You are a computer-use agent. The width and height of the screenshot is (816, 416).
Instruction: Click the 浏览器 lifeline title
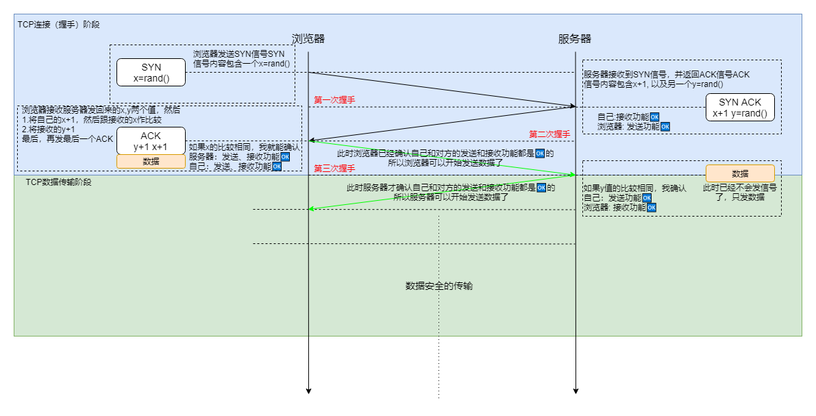(308, 39)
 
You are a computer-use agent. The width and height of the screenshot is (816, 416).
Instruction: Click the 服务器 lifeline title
(575, 39)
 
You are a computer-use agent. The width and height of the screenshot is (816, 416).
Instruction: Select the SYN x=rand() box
(151, 73)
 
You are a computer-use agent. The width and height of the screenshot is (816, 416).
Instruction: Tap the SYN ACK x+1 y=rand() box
(740, 108)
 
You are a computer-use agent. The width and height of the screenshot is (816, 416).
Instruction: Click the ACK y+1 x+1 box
(151, 141)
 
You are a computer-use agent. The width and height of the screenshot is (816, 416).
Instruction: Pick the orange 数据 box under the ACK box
(151, 162)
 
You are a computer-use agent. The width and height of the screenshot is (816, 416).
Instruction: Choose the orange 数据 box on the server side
(740, 173)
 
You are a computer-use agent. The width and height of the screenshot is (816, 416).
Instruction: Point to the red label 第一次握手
(334, 100)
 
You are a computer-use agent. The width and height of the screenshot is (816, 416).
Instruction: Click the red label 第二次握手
(549, 134)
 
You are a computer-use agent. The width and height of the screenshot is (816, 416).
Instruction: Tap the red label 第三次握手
(334, 168)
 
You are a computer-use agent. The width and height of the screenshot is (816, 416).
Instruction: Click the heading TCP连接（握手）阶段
(59, 24)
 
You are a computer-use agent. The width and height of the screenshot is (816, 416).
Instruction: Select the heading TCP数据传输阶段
(58, 182)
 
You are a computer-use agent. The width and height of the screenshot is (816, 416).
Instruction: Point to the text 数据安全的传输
(439, 286)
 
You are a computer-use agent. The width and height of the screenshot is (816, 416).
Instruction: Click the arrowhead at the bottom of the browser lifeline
(308, 391)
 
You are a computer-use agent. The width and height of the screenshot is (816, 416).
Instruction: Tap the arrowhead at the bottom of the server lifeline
(576, 391)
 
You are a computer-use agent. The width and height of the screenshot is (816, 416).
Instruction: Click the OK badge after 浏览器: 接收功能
(652, 207)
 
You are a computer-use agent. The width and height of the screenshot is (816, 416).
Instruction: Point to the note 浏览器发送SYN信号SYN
(239, 54)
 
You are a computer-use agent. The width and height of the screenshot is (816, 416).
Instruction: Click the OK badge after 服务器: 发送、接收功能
(285, 156)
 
